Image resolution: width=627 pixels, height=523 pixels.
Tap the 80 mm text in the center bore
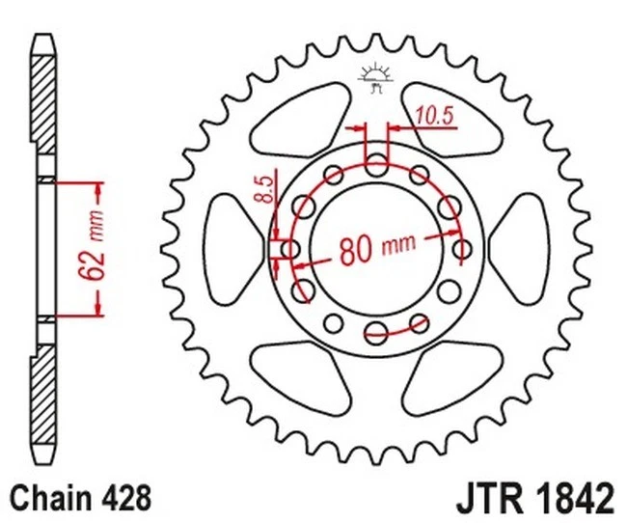tap(376, 248)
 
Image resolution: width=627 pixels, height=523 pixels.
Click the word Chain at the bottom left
tap(47, 498)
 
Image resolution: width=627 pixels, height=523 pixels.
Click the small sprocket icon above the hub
tap(375, 76)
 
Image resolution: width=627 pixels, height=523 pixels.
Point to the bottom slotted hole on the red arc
tap(376, 334)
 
